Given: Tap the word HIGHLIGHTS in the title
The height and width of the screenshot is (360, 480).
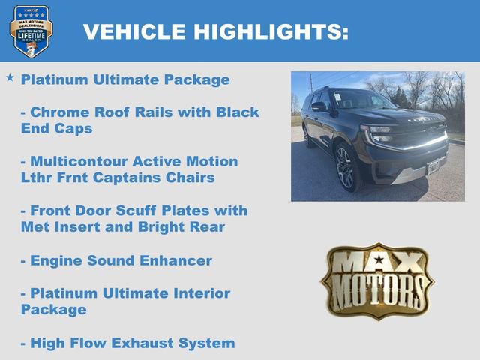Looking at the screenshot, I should (x=271, y=31).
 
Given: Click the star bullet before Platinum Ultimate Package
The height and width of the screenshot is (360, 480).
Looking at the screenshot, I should (x=10, y=78).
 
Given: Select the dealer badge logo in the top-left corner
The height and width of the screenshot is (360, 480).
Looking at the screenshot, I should (x=31, y=31).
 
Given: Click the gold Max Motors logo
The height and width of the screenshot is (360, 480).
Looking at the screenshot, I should (x=377, y=280).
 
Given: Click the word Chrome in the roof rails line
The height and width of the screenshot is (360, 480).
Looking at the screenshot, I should (x=58, y=112).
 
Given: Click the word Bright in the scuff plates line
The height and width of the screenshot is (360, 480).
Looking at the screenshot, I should (x=161, y=227).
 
